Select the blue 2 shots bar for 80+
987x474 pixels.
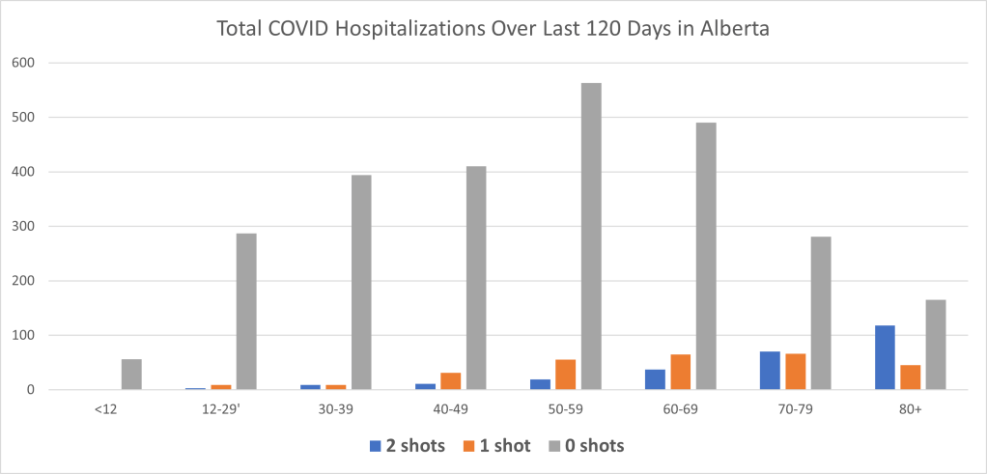(x=885, y=358)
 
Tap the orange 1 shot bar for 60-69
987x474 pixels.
(x=680, y=373)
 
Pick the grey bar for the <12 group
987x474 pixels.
(x=131, y=375)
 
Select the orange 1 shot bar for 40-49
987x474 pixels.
(x=451, y=381)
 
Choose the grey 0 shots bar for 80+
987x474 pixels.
(x=935, y=345)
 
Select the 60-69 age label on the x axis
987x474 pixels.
(x=681, y=409)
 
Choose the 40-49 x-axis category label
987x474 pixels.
(x=451, y=409)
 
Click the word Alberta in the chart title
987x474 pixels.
(x=735, y=28)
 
